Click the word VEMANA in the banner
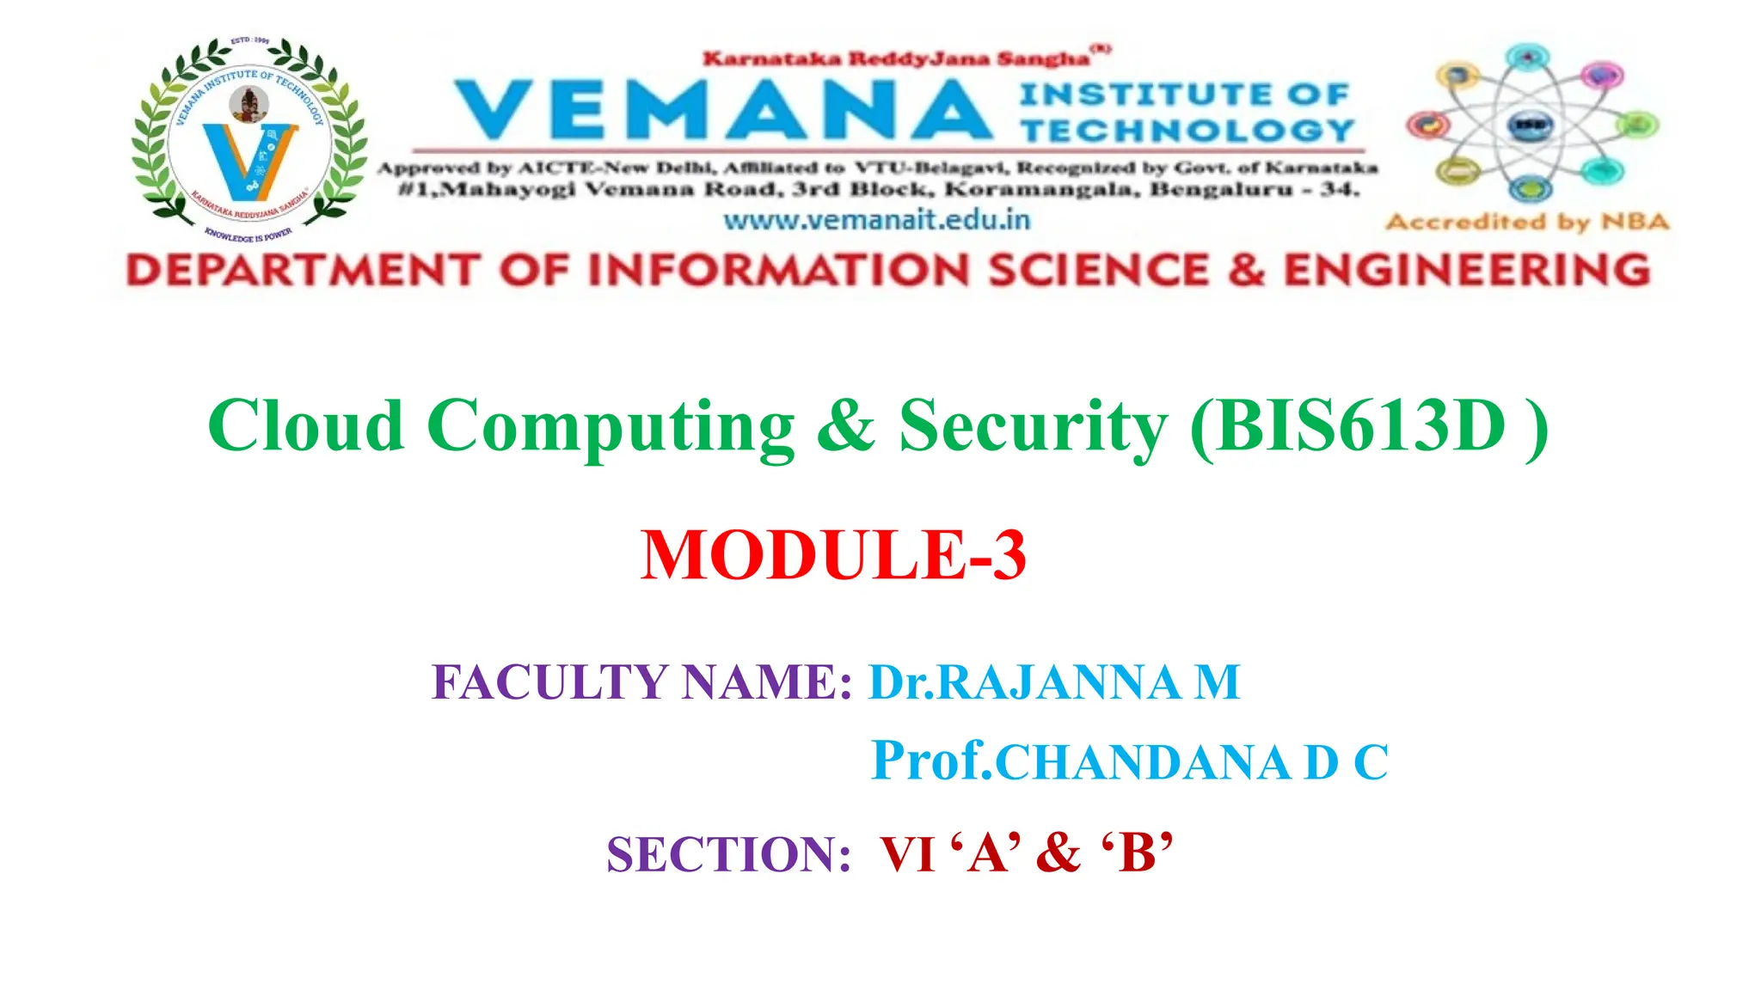(x=722, y=110)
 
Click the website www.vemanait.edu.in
(x=876, y=220)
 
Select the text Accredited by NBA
(x=1527, y=222)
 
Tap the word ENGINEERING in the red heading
(x=1467, y=271)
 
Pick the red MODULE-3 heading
(x=833, y=555)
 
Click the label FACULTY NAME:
(x=641, y=682)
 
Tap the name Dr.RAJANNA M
(x=1054, y=682)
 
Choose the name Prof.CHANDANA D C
(x=1129, y=761)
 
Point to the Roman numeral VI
(x=907, y=854)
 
